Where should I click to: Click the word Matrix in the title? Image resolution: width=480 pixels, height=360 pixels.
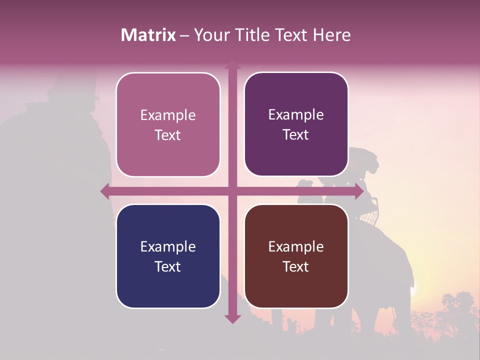(148, 35)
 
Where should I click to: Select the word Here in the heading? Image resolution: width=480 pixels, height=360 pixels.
(331, 35)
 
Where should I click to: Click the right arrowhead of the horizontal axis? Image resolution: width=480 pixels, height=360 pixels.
(358, 191)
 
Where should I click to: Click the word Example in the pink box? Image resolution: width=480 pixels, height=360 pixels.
(168, 115)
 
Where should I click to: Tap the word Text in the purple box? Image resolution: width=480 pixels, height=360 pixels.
(296, 135)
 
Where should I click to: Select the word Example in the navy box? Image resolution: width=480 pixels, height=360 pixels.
(168, 247)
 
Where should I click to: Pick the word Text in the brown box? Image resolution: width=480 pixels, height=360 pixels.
(296, 266)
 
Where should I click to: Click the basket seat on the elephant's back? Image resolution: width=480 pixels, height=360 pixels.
(368, 216)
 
